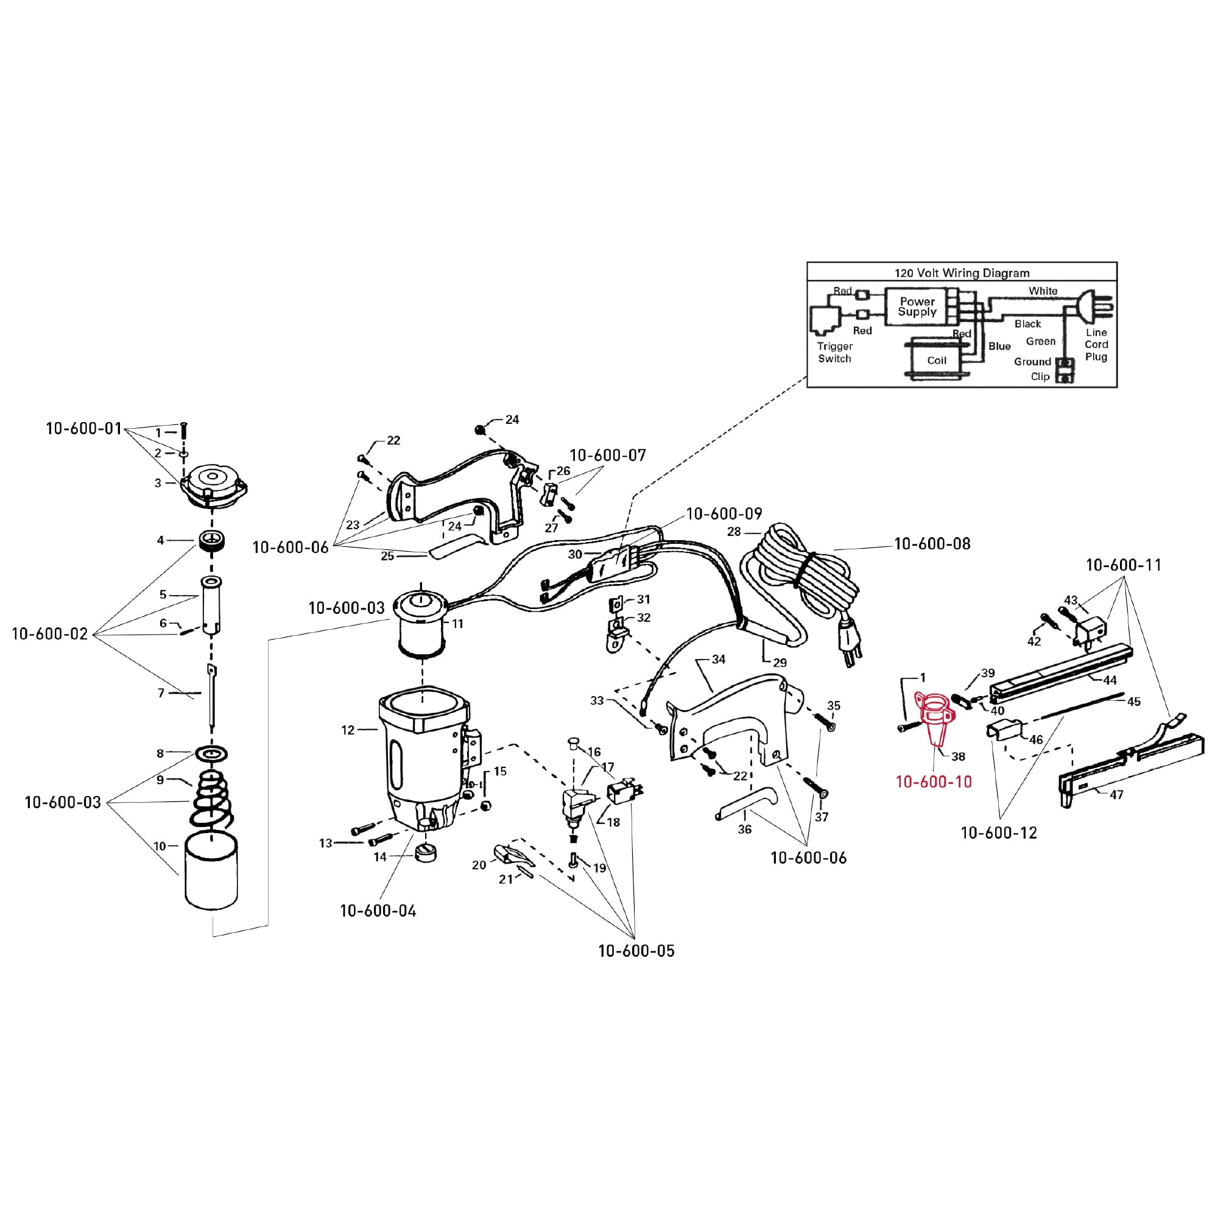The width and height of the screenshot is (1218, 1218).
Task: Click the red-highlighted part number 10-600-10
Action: pyautogui.click(x=934, y=782)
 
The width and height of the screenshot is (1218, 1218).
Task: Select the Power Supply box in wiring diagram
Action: pyautogui.click(x=917, y=306)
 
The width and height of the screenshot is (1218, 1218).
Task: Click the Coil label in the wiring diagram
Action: pyautogui.click(x=936, y=361)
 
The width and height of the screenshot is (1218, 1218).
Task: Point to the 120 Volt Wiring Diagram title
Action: pyautogui.click(x=962, y=273)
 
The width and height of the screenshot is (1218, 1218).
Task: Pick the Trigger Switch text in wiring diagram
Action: pyautogui.click(x=834, y=353)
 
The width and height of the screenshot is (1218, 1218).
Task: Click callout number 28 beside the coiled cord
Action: pyautogui.click(x=734, y=532)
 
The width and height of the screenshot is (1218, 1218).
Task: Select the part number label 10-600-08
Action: pyautogui.click(x=932, y=543)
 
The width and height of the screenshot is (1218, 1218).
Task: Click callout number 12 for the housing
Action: pyautogui.click(x=348, y=730)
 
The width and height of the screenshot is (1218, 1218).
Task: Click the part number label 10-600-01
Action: pyautogui.click(x=83, y=429)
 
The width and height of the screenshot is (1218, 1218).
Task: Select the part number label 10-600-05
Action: pyautogui.click(x=636, y=951)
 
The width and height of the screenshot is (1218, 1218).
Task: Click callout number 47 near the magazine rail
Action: pyautogui.click(x=1116, y=795)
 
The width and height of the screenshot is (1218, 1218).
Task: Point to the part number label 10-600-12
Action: pyautogui.click(x=999, y=833)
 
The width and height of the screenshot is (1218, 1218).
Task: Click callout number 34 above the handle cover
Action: pyautogui.click(x=719, y=659)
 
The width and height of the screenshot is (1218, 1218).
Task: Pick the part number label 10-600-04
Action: pyautogui.click(x=378, y=910)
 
